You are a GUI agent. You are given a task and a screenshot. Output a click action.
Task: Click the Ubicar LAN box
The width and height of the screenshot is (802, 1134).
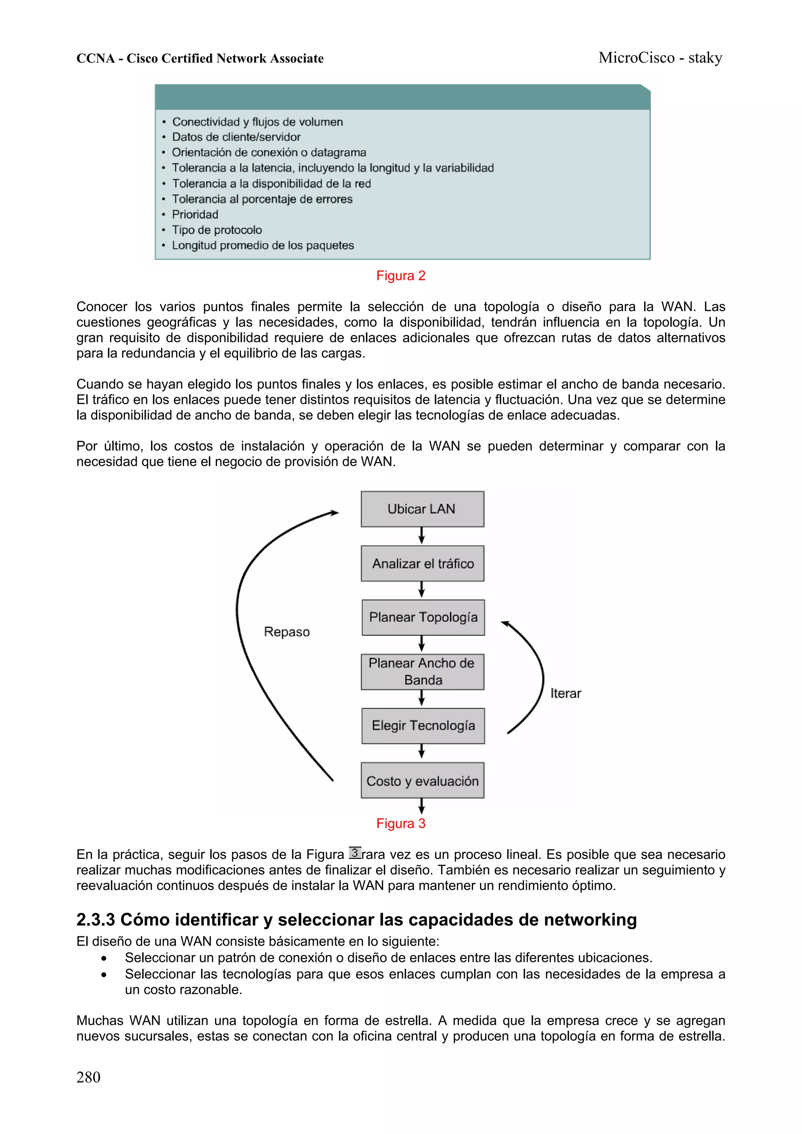(x=422, y=509)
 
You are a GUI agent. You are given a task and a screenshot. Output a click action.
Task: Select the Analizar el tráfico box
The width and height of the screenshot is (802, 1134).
(x=422, y=564)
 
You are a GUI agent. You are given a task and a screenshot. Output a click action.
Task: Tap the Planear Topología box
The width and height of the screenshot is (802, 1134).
(x=423, y=617)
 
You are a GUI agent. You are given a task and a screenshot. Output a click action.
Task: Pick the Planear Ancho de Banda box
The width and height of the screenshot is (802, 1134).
(x=422, y=672)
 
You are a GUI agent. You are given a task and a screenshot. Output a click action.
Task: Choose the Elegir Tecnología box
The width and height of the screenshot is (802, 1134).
(x=423, y=726)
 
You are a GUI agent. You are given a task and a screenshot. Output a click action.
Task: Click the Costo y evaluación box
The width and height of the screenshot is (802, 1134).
(x=422, y=781)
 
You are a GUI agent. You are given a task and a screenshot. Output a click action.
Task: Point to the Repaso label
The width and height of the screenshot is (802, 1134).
(x=287, y=632)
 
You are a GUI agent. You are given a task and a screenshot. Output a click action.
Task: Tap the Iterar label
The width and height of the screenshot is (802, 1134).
(x=565, y=694)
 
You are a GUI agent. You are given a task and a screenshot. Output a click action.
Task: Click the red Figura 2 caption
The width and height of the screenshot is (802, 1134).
(x=401, y=276)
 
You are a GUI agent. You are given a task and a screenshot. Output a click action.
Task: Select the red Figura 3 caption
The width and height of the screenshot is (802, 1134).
(x=401, y=823)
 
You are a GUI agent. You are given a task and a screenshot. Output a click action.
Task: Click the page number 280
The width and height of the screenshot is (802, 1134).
(x=89, y=1077)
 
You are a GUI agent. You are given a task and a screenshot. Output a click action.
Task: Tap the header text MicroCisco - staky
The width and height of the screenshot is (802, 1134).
(x=660, y=58)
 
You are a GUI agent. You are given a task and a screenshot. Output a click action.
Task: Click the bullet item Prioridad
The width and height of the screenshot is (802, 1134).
(x=195, y=215)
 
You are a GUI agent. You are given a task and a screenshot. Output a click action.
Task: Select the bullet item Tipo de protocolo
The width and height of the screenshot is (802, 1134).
(x=217, y=230)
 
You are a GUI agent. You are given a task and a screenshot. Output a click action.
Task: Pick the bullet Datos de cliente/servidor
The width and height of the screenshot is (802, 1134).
(x=236, y=137)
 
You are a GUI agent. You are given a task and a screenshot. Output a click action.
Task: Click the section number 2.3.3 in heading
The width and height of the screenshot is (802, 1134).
(x=96, y=919)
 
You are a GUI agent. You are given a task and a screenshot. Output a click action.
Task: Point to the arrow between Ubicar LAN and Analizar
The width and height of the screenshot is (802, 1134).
(x=421, y=536)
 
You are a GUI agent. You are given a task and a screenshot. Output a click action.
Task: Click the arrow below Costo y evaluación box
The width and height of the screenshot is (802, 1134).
(x=421, y=806)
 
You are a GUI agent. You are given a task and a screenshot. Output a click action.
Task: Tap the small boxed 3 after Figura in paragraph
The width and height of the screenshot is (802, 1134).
(x=355, y=853)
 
